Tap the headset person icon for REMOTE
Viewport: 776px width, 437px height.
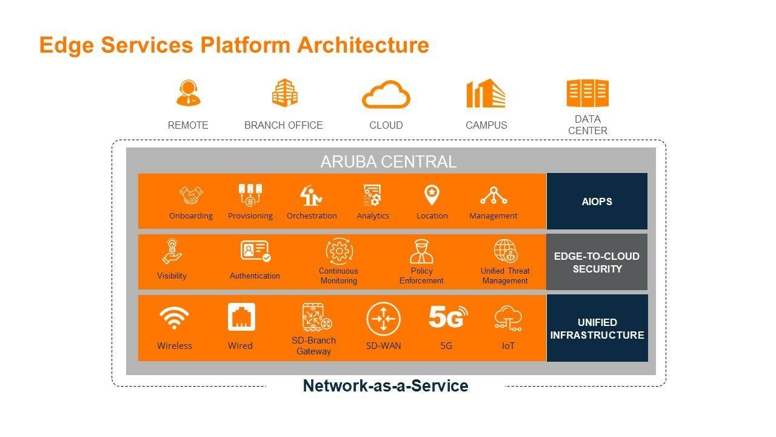tap(188, 93)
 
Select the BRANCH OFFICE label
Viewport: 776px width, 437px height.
tap(283, 125)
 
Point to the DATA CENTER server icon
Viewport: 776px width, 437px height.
tap(587, 93)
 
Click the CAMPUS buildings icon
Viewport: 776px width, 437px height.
tap(486, 93)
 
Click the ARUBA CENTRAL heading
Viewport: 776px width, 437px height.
tap(389, 161)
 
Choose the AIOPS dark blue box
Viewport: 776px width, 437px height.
tap(597, 201)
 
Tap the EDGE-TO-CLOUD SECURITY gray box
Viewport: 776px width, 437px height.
tap(597, 262)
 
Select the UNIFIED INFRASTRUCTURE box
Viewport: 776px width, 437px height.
tap(597, 328)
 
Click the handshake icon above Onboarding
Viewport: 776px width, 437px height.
tap(191, 195)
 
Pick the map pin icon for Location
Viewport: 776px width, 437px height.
tap(432, 195)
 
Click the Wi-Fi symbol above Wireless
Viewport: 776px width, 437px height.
tap(174, 317)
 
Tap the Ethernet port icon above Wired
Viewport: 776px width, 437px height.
tap(241, 317)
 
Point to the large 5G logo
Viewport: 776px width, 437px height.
tap(448, 316)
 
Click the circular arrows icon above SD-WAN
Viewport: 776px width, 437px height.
tap(383, 319)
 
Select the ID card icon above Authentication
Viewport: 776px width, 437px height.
tap(255, 251)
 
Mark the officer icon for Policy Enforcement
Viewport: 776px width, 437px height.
tap(421, 252)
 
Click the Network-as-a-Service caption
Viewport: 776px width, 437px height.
tap(386, 385)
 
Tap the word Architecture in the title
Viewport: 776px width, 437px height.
tap(363, 45)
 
